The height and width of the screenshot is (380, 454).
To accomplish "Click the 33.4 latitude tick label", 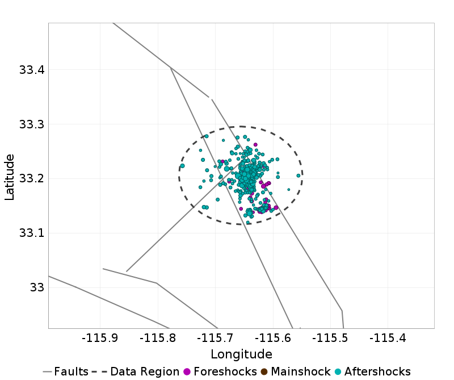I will click(x=31, y=70).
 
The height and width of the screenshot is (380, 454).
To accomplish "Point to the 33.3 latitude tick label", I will click(x=31, y=124).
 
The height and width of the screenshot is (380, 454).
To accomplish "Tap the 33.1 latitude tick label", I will click(x=31, y=233).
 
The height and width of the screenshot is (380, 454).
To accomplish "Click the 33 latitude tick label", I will click(x=37, y=287).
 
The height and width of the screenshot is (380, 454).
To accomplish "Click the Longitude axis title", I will click(x=241, y=354).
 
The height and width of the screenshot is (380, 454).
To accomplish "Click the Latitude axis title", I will click(x=10, y=176).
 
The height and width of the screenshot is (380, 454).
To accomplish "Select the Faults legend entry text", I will click(x=72, y=371).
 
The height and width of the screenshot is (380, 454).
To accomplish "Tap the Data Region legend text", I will click(x=145, y=371).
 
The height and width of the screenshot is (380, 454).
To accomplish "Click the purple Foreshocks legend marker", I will click(x=187, y=371).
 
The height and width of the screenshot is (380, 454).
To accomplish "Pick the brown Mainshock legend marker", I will click(x=264, y=371).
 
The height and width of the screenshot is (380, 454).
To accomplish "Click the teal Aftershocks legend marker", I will click(x=338, y=371).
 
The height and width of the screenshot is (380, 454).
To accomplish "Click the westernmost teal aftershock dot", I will click(x=183, y=166).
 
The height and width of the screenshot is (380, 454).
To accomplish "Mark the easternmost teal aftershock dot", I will click(x=299, y=176).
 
